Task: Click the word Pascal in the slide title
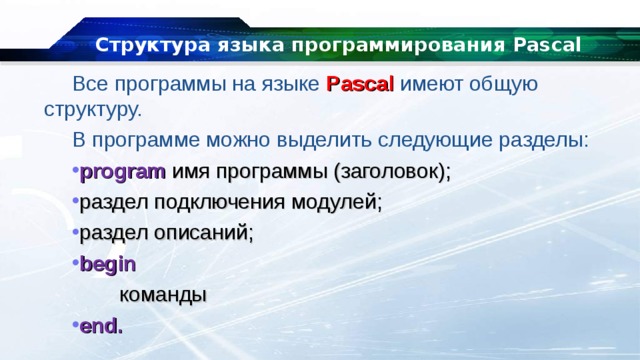tap(539, 46)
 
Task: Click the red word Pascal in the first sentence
tap(360, 84)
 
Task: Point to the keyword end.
tap(102, 326)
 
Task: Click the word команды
tap(163, 296)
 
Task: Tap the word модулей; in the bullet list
tap(338, 202)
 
